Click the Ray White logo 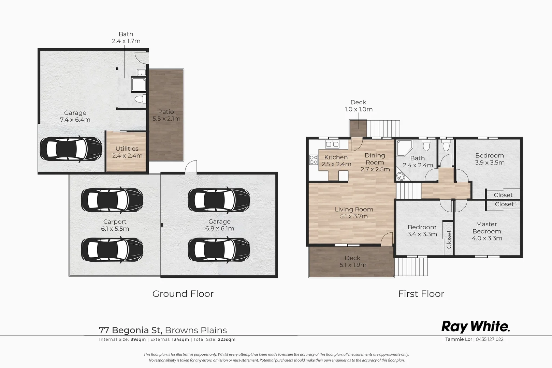click(475, 326)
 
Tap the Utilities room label click(127, 152)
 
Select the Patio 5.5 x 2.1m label click(166, 115)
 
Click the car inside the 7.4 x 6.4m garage click(71, 149)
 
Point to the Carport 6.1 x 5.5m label click(115, 225)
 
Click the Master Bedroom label click(486, 231)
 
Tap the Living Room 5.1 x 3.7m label click(354, 213)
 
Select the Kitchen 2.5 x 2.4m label click(336, 160)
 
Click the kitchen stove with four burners click(313, 159)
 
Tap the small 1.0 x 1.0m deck click(358, 128)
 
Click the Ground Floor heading click(183, 294)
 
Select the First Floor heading click(421, 294)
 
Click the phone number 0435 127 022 click(490, 339)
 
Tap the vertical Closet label click(449, 239)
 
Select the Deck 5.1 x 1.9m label click(352, 261)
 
